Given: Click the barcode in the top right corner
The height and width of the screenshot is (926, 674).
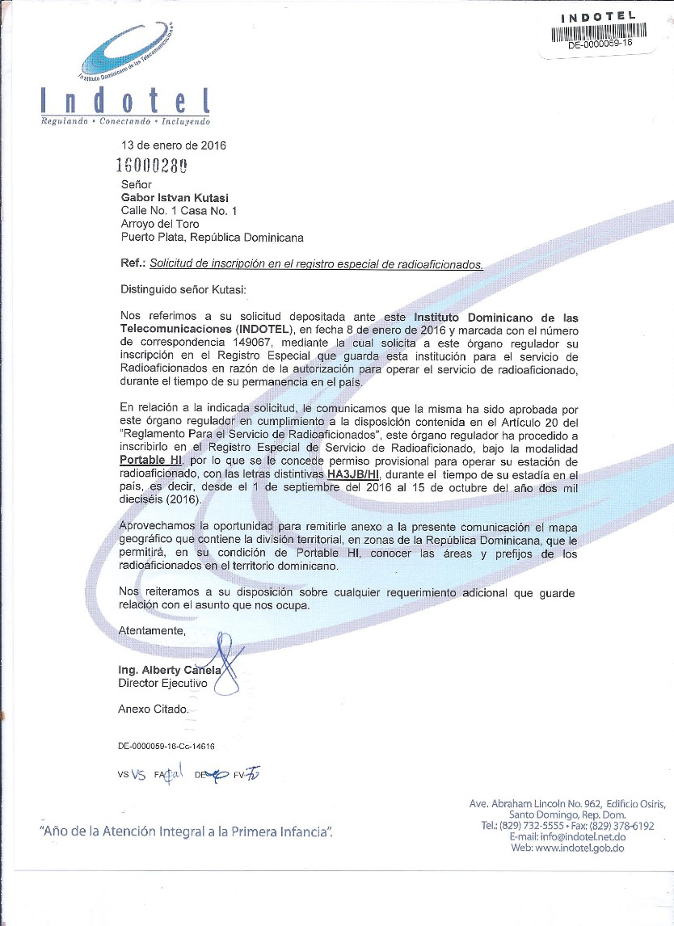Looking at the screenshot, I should coord(600,32).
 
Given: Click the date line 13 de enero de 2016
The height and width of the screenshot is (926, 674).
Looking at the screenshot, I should coord(173,146).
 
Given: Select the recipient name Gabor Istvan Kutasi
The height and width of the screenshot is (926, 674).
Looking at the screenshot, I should coord(174,197).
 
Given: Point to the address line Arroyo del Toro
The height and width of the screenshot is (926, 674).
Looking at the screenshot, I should coord(160,224).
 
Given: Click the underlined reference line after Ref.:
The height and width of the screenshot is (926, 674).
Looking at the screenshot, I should coord(317,263).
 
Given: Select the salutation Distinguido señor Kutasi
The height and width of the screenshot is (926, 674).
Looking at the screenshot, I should coord(183,289).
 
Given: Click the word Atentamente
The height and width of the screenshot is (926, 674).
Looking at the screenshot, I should coord(152,629).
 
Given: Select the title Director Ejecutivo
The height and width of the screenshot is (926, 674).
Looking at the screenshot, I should coord(162,684).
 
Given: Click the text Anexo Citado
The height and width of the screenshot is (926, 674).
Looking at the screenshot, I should coord(154,709).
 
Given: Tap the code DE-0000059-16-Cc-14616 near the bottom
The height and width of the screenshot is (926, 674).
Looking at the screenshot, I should coord(166,748).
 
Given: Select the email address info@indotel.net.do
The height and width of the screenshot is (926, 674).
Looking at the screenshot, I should coord(580,837).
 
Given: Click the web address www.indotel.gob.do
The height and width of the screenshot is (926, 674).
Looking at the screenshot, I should coord(579,848).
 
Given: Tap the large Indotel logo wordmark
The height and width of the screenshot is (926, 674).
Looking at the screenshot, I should coord(126,102).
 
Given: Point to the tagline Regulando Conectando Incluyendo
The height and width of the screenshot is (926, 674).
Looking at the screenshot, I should coord(126,121).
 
